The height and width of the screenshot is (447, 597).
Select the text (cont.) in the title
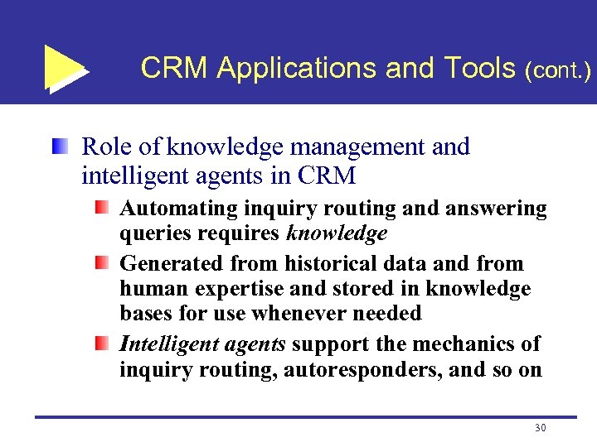coord(557,70)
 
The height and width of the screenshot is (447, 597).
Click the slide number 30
coord(540,428)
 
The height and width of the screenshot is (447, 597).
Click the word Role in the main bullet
coord(108,147)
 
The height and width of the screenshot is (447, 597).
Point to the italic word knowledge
coord(336,234)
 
